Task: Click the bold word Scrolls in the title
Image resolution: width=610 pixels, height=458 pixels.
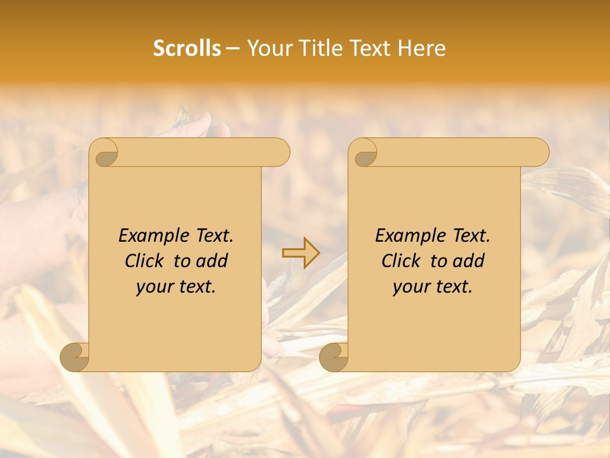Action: pos(187,48)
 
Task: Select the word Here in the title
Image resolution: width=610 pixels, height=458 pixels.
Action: pos(421,48)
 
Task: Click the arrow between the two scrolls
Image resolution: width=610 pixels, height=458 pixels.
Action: pos(301,253)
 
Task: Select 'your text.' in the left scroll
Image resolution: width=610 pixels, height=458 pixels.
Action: pos(176,287)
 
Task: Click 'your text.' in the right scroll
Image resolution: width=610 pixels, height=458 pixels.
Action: pos(433,287)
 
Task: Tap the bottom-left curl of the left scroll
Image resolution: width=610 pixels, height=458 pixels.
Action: pos(75,357)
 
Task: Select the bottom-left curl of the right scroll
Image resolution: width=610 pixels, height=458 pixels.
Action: pos(334,357)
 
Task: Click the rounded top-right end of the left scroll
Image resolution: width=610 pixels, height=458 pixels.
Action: pos(280,152)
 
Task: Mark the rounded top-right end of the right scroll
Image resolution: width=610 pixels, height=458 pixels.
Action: pos(539,152)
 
